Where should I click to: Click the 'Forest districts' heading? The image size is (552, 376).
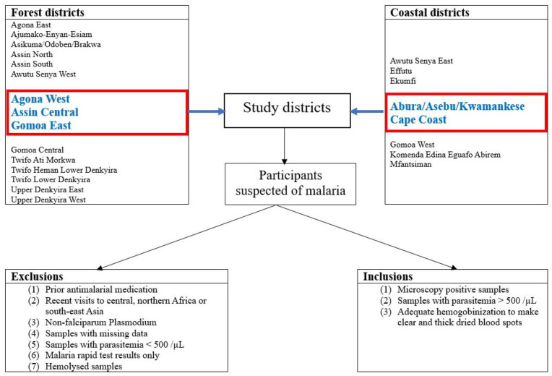48,12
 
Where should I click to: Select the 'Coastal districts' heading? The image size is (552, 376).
429,12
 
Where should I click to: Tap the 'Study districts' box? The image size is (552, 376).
288,111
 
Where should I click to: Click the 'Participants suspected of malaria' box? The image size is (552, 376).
290,184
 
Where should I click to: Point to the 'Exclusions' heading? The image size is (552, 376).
37,276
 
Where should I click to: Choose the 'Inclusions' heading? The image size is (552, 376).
387,276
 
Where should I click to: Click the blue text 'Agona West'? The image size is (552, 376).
40,98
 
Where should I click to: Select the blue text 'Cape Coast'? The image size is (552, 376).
418,119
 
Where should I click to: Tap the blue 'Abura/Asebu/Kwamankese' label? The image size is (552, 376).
457,106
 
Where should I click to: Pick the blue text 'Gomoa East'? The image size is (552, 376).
41,125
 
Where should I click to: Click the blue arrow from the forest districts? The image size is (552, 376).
207,111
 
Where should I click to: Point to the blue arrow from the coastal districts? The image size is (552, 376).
367,111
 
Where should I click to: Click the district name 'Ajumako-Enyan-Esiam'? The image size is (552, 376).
51,35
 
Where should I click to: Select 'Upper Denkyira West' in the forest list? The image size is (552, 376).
48,200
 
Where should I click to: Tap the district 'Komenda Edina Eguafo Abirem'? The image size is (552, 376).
445,154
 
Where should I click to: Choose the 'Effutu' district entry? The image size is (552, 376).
400,71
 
